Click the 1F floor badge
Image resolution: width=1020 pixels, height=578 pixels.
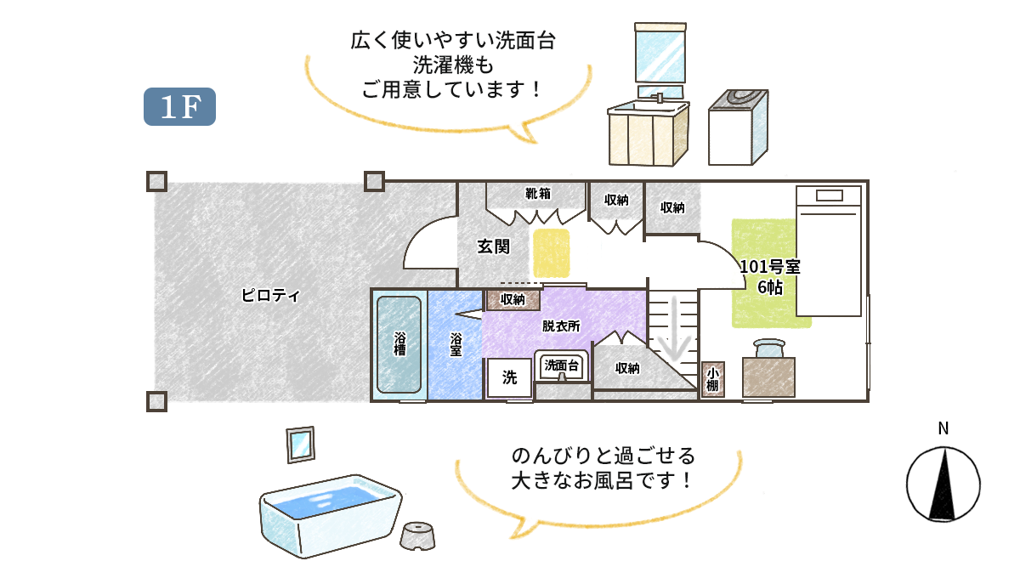(x=179, y=106)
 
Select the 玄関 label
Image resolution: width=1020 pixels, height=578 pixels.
(x=493, y=246)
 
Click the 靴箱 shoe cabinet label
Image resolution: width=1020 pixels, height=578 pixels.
(x=538, y=194)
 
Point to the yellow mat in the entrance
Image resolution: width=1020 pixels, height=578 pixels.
(x=552, y=252)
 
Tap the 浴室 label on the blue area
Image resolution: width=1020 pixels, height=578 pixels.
(x=456, y=343)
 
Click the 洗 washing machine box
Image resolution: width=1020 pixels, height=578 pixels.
(x=509, y=378)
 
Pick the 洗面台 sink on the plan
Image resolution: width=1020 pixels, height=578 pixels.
(x=562, y=366)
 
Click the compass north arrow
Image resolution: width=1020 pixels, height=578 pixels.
(x=943, y=485)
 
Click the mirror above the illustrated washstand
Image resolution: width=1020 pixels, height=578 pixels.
(x=660, y=54)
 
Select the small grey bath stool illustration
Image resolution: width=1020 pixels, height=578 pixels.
(x=419, y=535)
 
